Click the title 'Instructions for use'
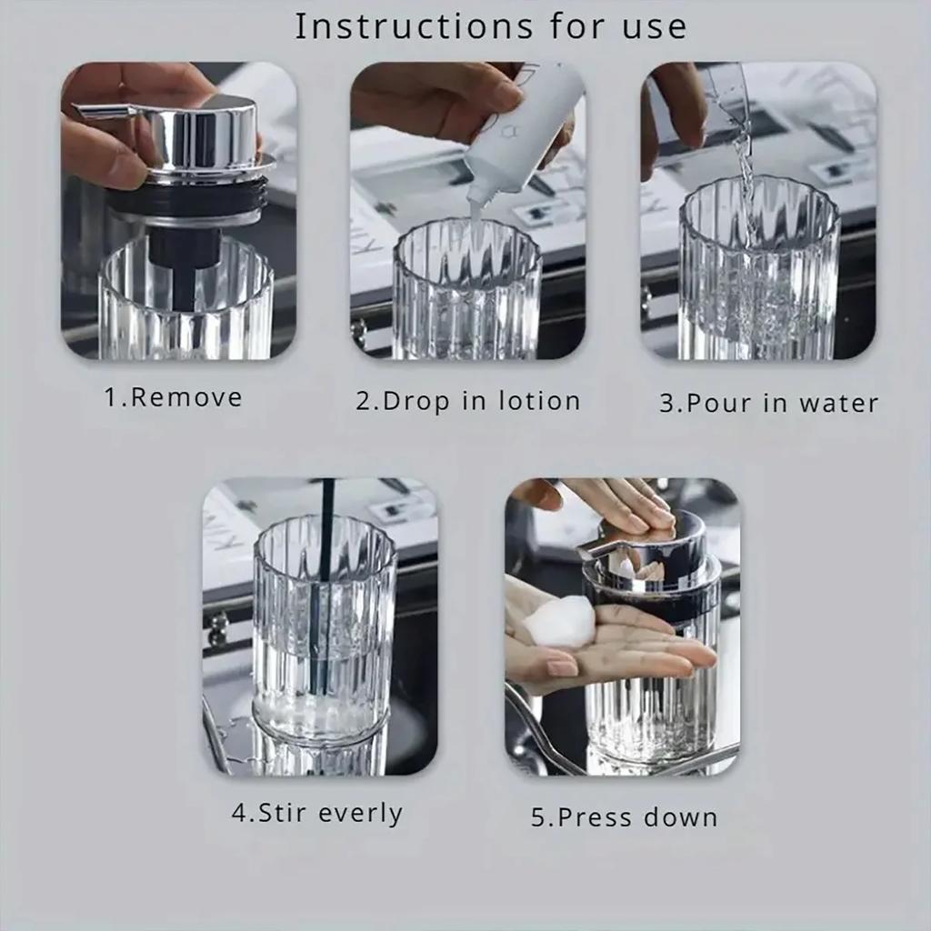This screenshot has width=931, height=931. coord(490,26)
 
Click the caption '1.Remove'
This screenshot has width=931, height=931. coord(173,397)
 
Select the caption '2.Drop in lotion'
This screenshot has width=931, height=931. coord(467,401)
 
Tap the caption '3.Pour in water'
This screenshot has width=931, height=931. coord(768,403)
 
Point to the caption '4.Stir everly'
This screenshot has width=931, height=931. coord(316,812)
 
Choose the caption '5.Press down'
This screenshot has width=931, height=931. coord(624,816)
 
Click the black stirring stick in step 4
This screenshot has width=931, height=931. coord(324,582)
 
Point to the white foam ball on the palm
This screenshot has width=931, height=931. coord(557,622)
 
